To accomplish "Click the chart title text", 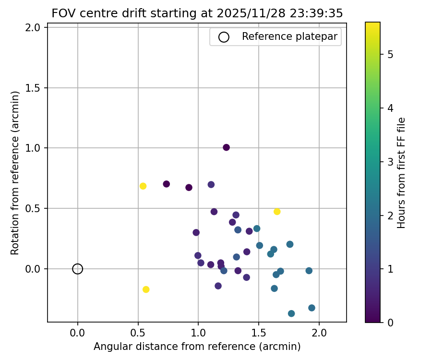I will pyautogui.click(x=197, y=13).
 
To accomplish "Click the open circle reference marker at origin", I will pyautogui.click(x=78, y=269).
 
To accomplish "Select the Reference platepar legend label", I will pyautogui.click(x=290, y=36).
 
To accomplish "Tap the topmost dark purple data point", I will pyautogui.click(x=226, y=147).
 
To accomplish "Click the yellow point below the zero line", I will pyautogui.click(x=146, y=289).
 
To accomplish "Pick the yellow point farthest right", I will pyautogui.click(x=277, y=212).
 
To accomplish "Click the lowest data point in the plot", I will pyautogui.click(x=291, y=313).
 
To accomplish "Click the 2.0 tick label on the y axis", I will pyautogui.click(x=35, y=27).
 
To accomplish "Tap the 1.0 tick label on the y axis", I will pyautogui.click(x=35, y=148).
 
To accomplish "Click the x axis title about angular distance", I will pyautogui.click(x=197, y=347).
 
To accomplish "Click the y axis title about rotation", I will pyautogui.click(x=15, y=173).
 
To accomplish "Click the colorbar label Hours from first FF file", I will pyautogui.click(x=402, y=173).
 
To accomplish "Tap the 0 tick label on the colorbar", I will pyautogui.click(x=390, y=323).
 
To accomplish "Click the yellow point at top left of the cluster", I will pyautogui.click(x=143, y=186).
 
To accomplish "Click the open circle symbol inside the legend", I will pyautogui.click(x=224, y=37).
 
